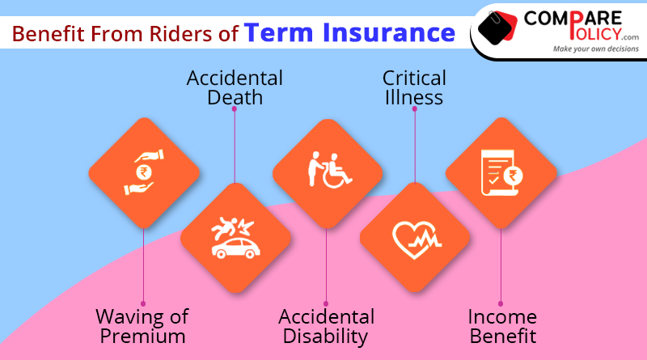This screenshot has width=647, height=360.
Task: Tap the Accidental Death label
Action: (235, 87)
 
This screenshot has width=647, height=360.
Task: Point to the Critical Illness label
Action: (414, 87)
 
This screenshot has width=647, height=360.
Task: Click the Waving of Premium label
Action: (142, 326)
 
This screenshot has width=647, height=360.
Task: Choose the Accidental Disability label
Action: (326, 326)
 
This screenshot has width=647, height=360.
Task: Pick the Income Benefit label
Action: (502, 326)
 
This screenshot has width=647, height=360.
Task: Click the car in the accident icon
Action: (235, 248)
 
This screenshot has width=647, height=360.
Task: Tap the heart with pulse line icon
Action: (416, 239)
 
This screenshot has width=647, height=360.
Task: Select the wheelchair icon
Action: (336, 172)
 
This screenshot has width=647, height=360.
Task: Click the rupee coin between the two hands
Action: (144, 172)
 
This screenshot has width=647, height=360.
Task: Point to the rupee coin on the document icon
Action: (513, 176)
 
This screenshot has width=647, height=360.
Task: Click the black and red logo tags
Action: (497, 28)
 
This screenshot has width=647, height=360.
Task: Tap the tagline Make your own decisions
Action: (596, 49)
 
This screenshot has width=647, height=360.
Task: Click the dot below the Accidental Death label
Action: (235, 109)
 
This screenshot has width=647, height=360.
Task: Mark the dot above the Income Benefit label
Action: (501, 304)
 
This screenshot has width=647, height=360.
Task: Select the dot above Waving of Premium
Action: (143, 304)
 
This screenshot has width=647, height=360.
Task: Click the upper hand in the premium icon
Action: (150, 156)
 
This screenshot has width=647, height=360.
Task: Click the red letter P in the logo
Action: (576, 24)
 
